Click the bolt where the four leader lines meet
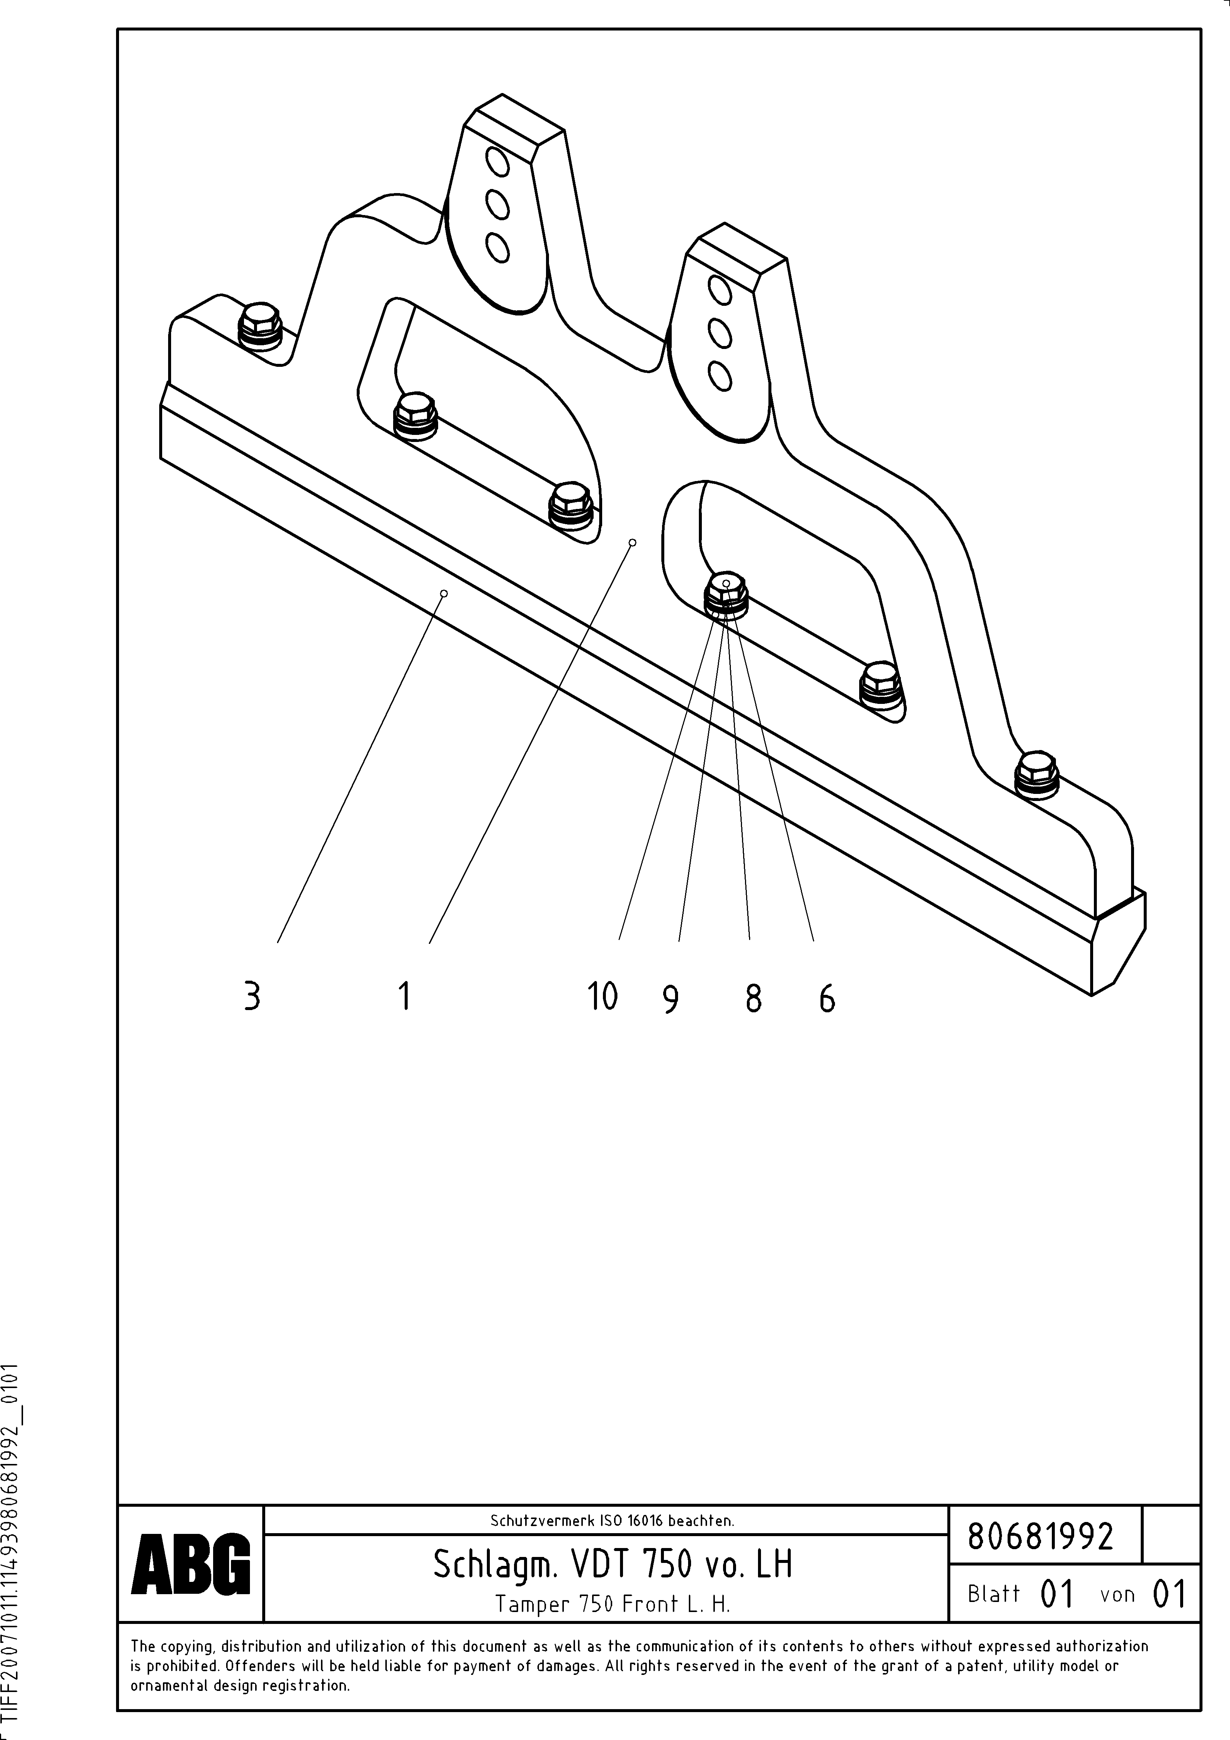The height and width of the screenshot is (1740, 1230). tap(726, 591)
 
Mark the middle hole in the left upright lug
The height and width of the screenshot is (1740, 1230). tap(497, 203)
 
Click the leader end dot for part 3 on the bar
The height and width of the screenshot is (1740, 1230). tap(444, 593)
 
